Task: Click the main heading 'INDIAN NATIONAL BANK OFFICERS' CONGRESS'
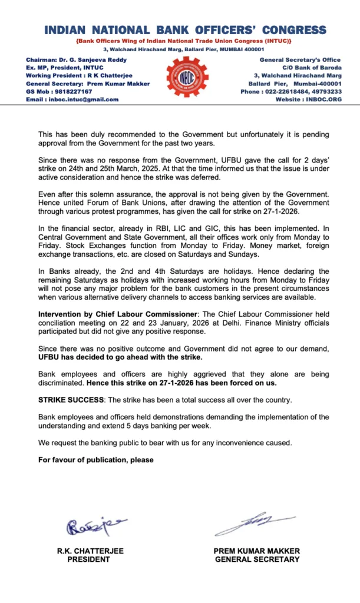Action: [x=185, y=30]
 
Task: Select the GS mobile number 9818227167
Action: [x=71, y=92]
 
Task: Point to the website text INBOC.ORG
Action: [x=324, y=100]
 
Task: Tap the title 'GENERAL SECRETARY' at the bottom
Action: [x=257, y=559]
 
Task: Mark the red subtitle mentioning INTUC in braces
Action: [x=184, y=41]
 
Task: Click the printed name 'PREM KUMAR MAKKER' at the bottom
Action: [x=257, y=551]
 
